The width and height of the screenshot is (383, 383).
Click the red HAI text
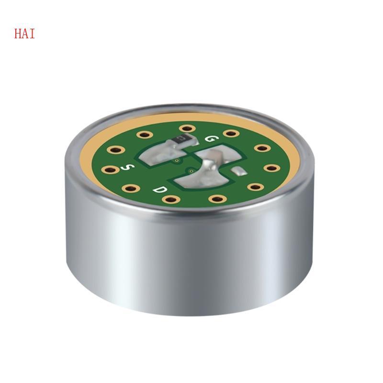pyautogui.click(x=24, y=34)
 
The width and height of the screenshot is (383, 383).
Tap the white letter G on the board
pyautogui.click(x=210, y=139)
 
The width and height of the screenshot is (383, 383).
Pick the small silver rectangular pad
pyautogui.click(x=238, y=170)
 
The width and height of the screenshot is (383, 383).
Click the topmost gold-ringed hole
pyautogui.click(x=187, y=128)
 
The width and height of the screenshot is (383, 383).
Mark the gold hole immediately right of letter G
pyautogui.click(x=231, y=133)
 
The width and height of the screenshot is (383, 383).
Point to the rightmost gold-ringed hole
pyautogui.click(x=272, y=168)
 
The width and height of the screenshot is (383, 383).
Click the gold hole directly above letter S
pyautogui.click(x=115, y=150)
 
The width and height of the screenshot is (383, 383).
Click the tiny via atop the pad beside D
pyautogui.click(x=191, y=169)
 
